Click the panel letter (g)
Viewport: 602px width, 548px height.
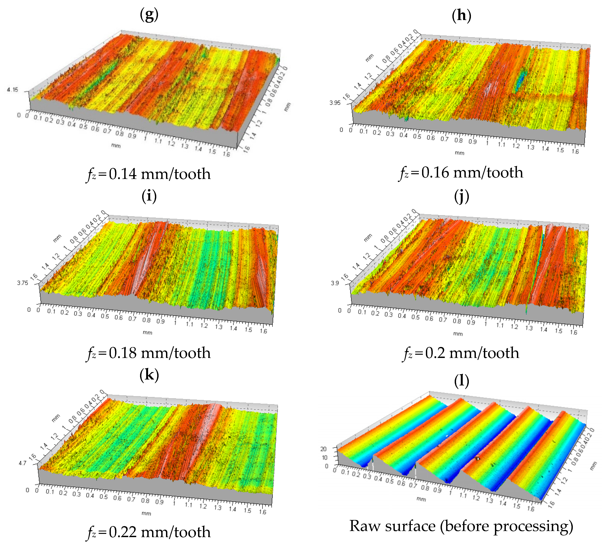point(149,15)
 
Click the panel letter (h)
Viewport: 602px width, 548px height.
point(461,15)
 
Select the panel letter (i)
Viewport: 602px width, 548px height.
point(149,196)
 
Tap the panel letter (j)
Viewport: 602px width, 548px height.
point(461,196)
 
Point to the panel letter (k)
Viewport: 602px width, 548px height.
point(149,375)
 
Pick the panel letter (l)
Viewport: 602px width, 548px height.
point(461,381)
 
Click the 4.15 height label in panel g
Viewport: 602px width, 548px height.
point(13,90)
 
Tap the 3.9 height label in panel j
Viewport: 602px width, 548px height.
point(335,283)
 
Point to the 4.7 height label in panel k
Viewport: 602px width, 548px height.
point(22,463)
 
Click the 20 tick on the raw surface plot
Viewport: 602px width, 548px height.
point(323,449)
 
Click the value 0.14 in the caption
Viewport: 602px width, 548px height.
point(123,174)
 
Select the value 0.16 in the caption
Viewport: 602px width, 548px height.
point(435,173)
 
